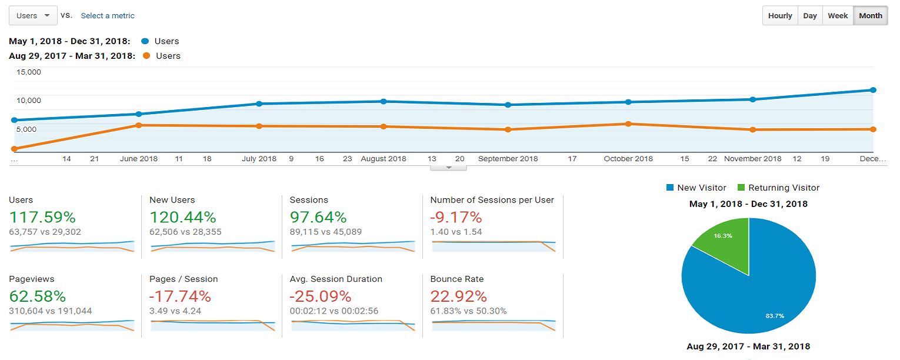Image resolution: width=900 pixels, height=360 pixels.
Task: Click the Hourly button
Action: [x=780, y=16]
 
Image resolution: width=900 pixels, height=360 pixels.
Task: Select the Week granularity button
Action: [x=838, y=16]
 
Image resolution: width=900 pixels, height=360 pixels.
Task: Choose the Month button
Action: [x=871, y=16]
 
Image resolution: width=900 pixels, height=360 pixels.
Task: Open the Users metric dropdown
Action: [x=33, y=16]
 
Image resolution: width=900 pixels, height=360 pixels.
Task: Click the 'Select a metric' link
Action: [x=108, y=16]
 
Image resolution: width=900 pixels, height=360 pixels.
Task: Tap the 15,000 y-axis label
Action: [x=28, y=72]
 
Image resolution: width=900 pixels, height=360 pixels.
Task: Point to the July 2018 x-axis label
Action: [x=259, y=159]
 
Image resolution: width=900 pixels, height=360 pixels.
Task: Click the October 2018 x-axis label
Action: [x=628, y=159]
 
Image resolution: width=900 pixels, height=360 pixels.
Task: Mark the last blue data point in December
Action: [x=873, y=90]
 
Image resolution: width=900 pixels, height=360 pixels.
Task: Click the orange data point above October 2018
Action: [x=628, y=124]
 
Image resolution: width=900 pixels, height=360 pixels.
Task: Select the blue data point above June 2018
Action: [x=139, y=114]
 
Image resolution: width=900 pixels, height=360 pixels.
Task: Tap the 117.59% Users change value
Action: [x=42, y=217]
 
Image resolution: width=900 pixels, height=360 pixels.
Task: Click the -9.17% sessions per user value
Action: [x=456, y=217]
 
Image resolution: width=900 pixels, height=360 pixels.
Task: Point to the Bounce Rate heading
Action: [x=457, y=279]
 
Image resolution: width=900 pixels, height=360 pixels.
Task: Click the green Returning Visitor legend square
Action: [x=741, y=188]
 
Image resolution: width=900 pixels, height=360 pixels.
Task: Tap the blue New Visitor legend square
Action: [x=669, y=188]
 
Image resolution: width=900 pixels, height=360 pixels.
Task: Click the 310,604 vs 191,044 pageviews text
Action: [x=51, y=311]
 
